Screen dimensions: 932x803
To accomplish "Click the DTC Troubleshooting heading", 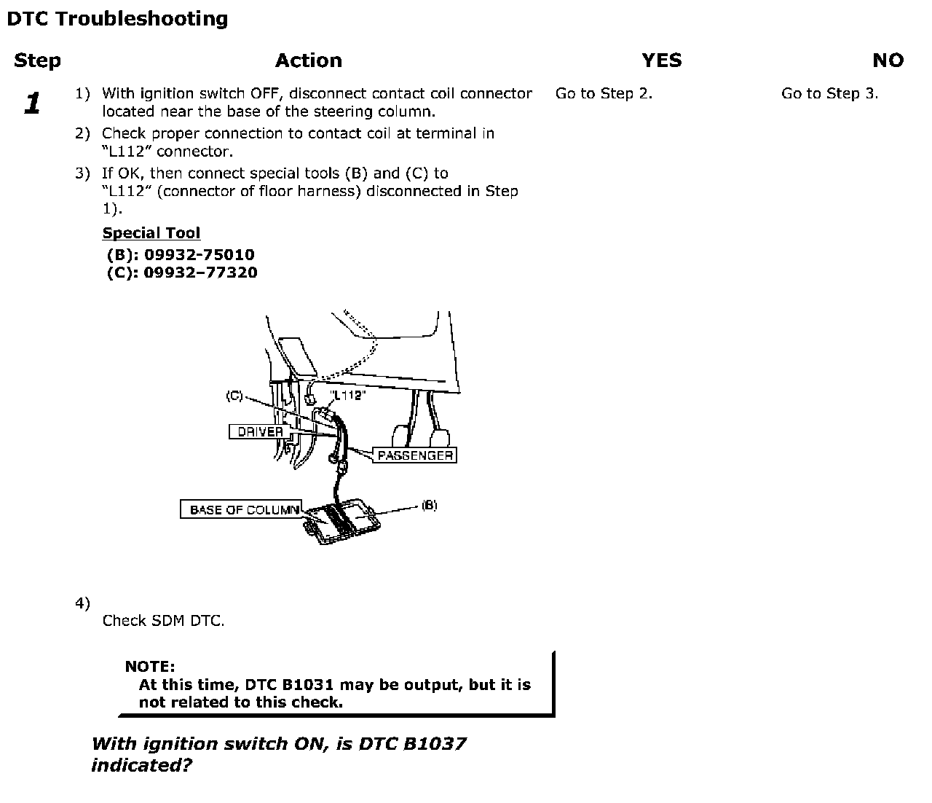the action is coord(117,19).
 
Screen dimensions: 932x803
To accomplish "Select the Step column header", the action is coord(37,60).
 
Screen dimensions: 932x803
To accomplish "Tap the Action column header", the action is coord(309,60).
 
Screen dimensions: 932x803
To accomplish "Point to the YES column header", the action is coord(662,60).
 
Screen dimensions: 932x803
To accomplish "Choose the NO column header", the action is coord(888,60).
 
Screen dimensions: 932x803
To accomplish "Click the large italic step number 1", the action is coord(32,103).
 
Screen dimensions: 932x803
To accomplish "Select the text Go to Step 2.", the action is coord(604,93).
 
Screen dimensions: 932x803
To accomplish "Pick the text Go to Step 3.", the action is coord(829,93).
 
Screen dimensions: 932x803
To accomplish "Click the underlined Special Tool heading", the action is coord(151,233).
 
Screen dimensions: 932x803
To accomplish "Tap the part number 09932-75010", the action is coord(200,255).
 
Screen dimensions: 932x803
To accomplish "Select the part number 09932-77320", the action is coord(200,273).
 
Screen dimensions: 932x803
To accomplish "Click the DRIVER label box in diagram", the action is coord(260,431).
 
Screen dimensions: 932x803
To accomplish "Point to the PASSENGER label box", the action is coord(415,455).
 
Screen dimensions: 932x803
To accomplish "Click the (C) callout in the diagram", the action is coord(234,396).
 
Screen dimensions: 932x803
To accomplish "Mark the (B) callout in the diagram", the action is coord(430,505).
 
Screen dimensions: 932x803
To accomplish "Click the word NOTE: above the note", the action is coord(150,667).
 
